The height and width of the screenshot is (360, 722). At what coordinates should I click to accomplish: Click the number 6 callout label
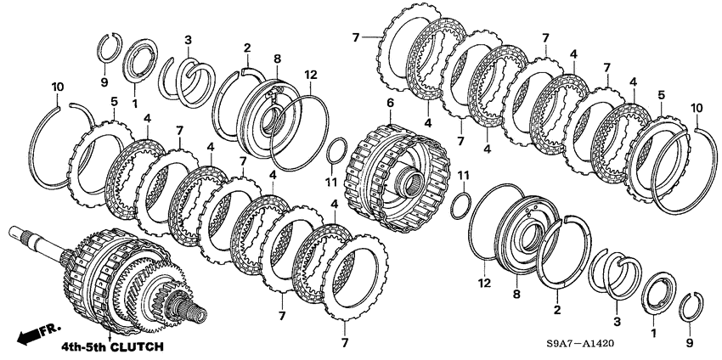click(390, 104)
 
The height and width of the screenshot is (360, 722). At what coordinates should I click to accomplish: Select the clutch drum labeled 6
click(397, 177)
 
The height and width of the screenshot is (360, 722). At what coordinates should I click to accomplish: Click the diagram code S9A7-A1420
click(581, 344)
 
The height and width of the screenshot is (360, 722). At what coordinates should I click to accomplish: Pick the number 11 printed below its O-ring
click(331, 183)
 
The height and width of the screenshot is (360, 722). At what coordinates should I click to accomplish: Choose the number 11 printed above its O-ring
click(463, 175)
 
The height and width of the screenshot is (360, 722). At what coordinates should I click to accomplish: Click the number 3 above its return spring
click(188, 40)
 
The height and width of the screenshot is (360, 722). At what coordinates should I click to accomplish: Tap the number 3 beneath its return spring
click(617, 322)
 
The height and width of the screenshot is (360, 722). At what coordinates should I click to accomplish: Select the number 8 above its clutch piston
click(277, 59)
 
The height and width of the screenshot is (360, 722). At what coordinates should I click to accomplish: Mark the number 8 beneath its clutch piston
click(516, 294)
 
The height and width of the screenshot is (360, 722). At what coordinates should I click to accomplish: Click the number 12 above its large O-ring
click(310, 75)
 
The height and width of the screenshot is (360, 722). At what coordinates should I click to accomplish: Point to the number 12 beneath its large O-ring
click(485, 282)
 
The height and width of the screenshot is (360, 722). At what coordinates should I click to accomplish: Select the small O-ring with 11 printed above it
click(461, 205)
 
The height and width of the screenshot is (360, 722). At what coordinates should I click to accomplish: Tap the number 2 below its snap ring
click(557, 310)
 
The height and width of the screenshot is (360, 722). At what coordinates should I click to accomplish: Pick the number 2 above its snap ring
click(247, 48)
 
